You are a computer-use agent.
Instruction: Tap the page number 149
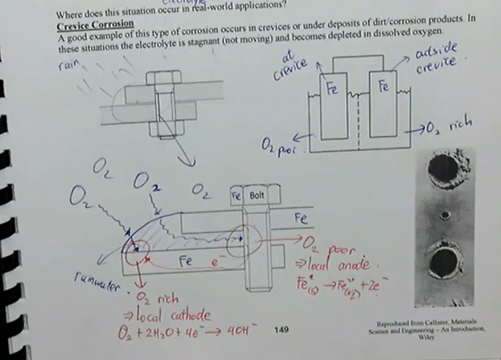click(281, 329)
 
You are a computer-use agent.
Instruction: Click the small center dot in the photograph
click(441, 215)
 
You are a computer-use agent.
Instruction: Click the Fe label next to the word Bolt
click(237, 196)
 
